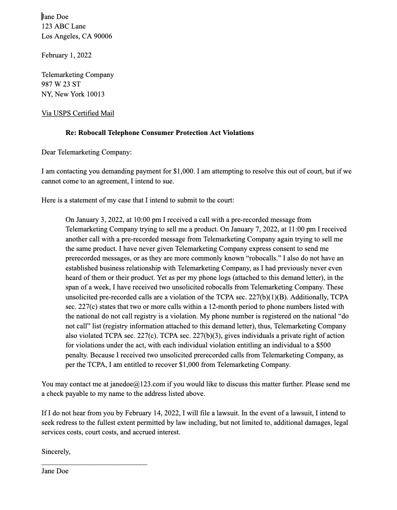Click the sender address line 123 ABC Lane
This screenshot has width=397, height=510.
pyautogui.click(x=63, y=26)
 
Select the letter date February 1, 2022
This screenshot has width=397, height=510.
pyautogui.click(x=66, y=55)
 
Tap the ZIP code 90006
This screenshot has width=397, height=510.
pyautogui.click(x=102, y=36)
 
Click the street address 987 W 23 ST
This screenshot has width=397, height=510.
pyautogui.click(x=61, y=84)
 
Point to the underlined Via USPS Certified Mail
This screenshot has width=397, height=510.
pyautogui.click(x=77, y=113)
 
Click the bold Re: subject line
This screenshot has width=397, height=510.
pyautogui.click(x=160, y=133)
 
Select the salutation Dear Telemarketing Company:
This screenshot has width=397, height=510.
pyautogui.click(x=86, y=152)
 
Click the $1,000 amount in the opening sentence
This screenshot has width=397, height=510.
pyautogui.click(x=184, y=172)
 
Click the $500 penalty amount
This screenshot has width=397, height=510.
pyautogui.click(x=324, y=345)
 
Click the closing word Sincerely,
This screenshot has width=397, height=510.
pyautogui.click(x=56, y=452)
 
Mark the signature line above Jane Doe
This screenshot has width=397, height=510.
pyautogui.click(x=94, y=463)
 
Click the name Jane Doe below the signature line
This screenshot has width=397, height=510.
pyautogui.click(x=55, y=471)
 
